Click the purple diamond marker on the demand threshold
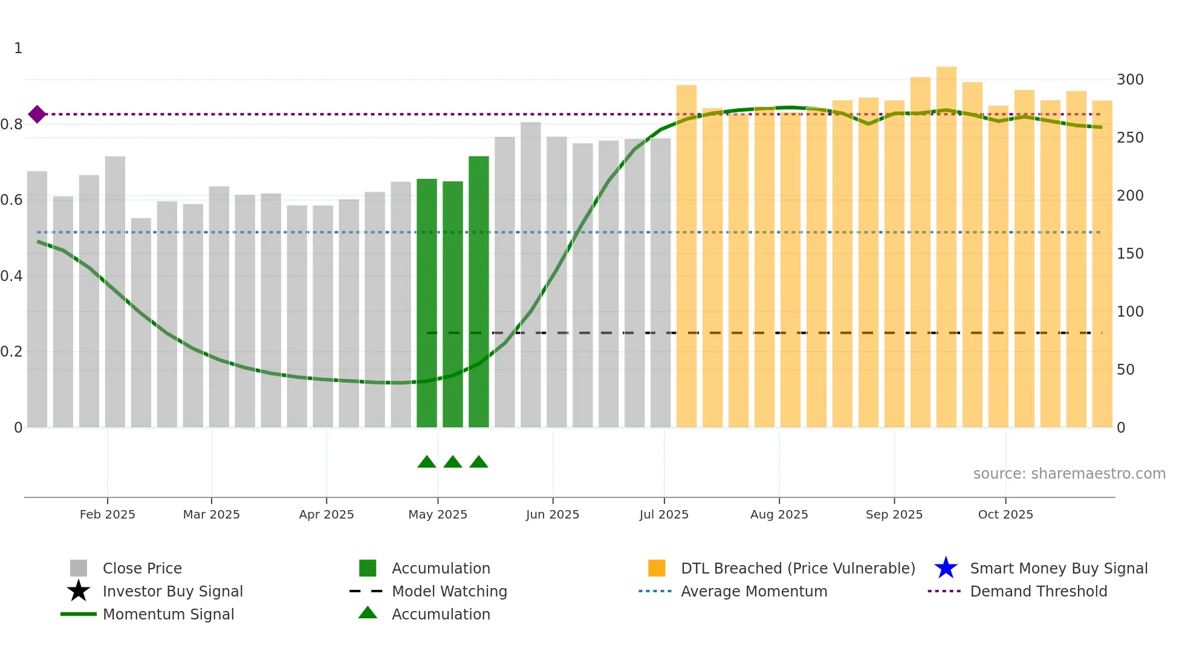pos(37,114)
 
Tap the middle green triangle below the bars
pos(452,462)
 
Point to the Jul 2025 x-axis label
pos(664,514)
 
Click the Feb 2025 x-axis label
pos(107,514)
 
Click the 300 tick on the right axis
pos(1129,80)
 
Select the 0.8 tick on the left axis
pos(12,124)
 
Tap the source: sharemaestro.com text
pos(1069,474)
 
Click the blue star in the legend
pos(946,568)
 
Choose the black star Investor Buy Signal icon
pos(79,591)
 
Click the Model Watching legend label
pos(449,591)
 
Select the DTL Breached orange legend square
pos(657,568)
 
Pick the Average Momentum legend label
pos(754,591)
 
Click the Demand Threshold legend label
pos(1038,591)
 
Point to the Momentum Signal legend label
pos(168,614)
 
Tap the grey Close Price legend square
pos(79,568)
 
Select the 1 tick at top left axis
pos(18,48)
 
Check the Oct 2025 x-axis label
pos(1005,514)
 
